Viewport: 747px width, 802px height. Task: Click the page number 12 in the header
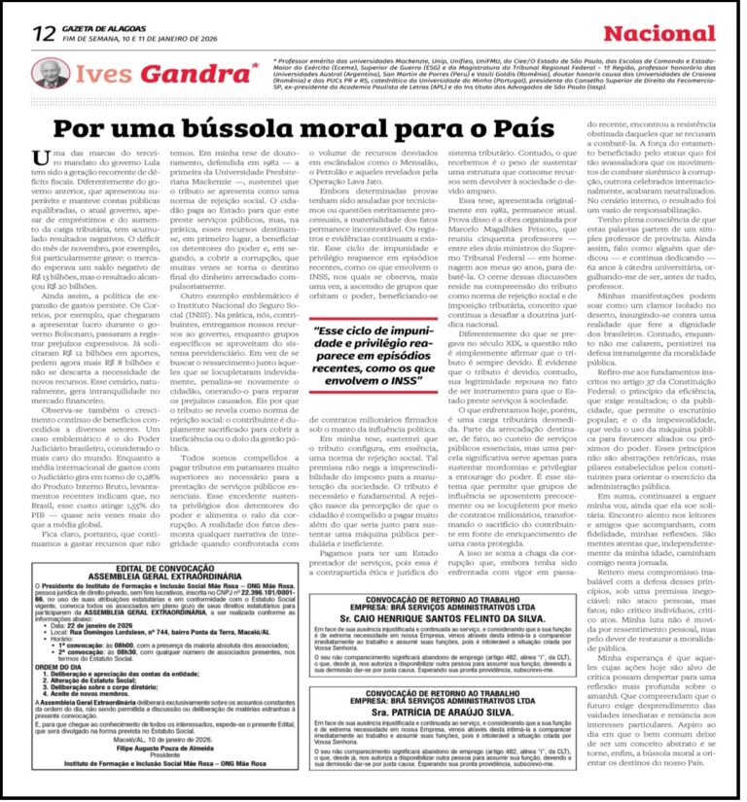43,33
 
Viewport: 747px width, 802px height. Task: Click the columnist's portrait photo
49,73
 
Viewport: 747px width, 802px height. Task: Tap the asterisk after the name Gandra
255,64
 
